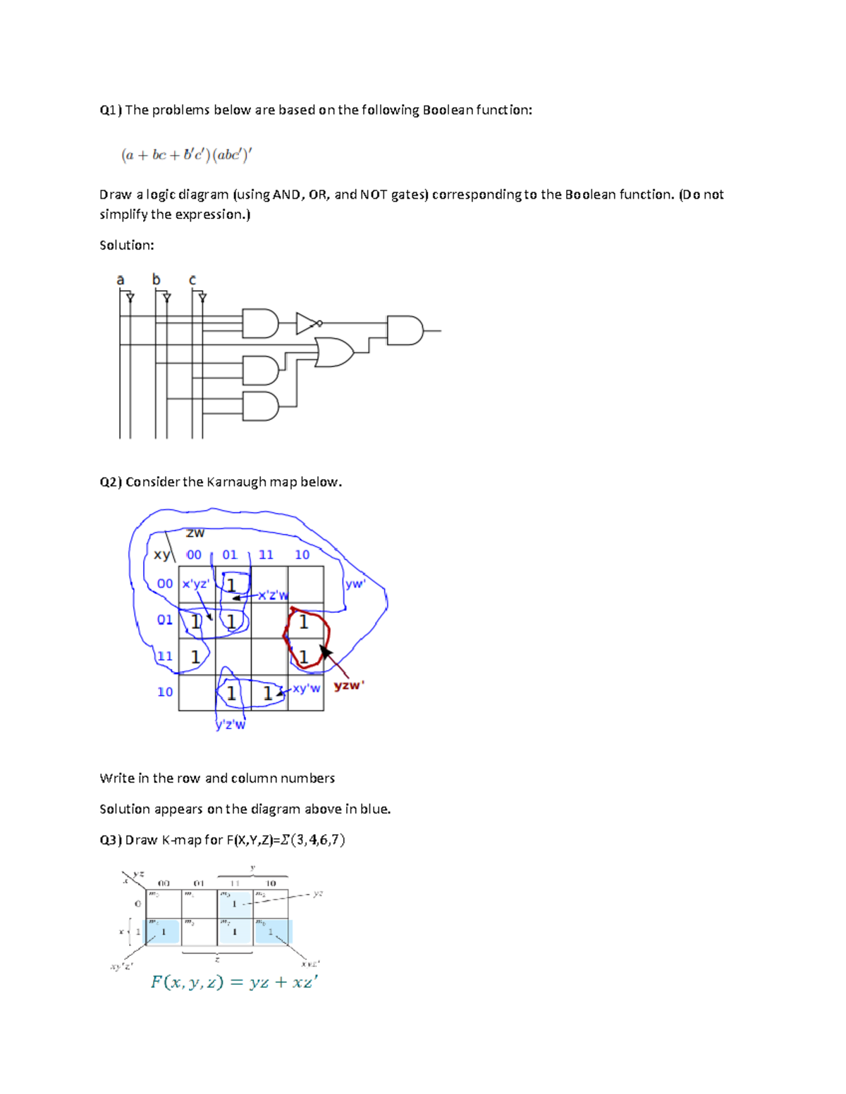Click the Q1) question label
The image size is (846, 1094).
point(111,110)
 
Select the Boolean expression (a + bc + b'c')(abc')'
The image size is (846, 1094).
point(186,155)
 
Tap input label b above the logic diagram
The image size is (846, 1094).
point(157,280)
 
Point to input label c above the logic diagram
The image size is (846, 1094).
point(192,280)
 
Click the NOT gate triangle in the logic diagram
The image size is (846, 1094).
point(307,323)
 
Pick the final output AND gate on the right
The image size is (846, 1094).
point(405,330)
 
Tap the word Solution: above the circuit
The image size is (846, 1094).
point(127,245)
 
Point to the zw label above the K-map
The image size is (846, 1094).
point(195,533)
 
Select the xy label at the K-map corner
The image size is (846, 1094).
point(161,554)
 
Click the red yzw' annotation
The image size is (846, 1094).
point(349,685)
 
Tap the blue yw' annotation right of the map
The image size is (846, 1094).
point(355,584)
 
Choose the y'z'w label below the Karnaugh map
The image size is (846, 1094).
point(231,724)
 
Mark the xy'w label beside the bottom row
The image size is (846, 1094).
point(306,688)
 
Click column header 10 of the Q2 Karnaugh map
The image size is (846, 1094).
point(302,555)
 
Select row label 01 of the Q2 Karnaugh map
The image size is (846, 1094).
point(164,620)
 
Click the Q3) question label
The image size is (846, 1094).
point(111,840)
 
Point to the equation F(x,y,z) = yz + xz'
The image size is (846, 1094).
point(234,982)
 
